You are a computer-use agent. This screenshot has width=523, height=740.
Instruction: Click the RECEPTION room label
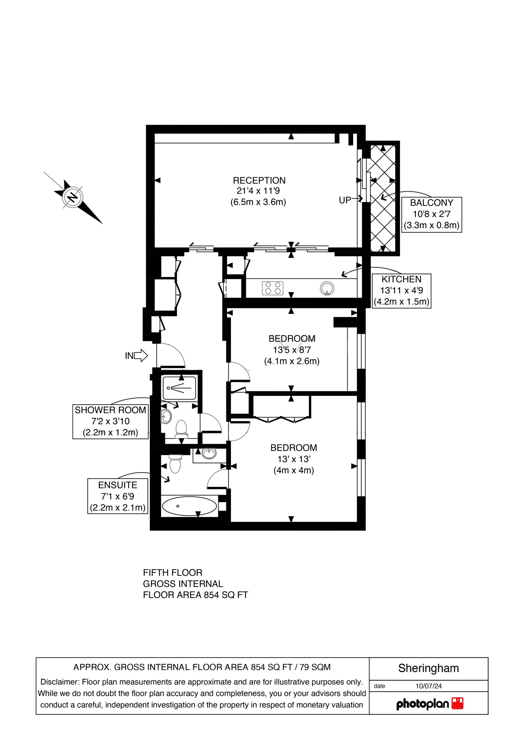(x=259, y=180)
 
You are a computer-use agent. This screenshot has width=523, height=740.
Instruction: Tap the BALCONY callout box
(x=431, y=215)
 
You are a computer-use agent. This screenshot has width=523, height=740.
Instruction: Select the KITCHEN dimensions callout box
(x=402, y=291)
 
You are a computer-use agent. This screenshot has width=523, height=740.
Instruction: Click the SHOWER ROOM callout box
(x=111, y=421)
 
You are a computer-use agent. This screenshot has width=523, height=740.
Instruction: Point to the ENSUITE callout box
(x=118, y=496)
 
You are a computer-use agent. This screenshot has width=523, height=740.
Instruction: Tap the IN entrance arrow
(x=141, y=356)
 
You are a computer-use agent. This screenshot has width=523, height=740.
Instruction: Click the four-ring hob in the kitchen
(x=272, y=288)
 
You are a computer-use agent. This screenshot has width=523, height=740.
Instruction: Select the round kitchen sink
(x=327, y=288)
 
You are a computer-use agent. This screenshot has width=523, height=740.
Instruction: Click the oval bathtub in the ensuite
(x=189, y=506)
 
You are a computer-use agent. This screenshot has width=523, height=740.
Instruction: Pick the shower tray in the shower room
(x=179, y=388)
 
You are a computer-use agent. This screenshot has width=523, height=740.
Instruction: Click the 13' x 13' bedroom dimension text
(x=294, y=459)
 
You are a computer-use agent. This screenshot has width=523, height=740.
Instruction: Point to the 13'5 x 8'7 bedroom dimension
(x=292, y=350)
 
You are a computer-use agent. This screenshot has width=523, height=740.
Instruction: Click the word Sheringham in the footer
(x=428, y=668)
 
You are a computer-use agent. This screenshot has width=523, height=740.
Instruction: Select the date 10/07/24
(x=429, y=686)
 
